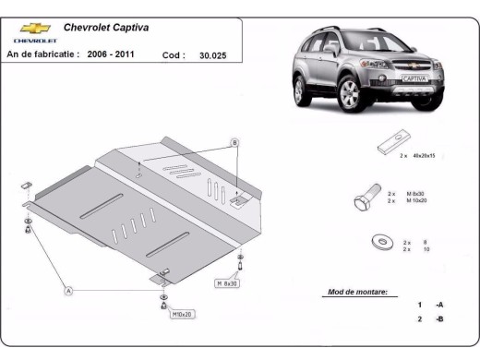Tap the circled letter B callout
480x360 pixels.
pyautogui.click(x=234, y=141)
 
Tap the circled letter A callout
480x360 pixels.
pyautogui.click(x=68, y=291)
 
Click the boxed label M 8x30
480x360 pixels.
pyautogui.click(x=229, y=282)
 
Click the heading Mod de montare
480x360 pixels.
pyautogui.click(x=357, y=292)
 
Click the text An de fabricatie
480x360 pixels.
pyautogui.click(x=42, y=54)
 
